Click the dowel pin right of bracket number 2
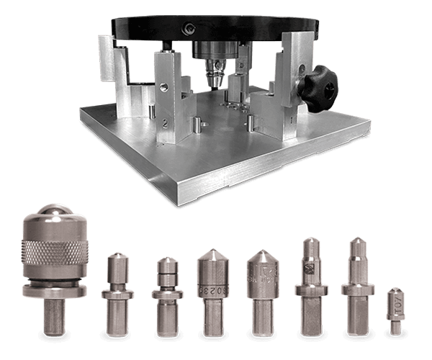click(x=196, y=127)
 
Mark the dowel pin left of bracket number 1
click(x=249, y=122)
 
